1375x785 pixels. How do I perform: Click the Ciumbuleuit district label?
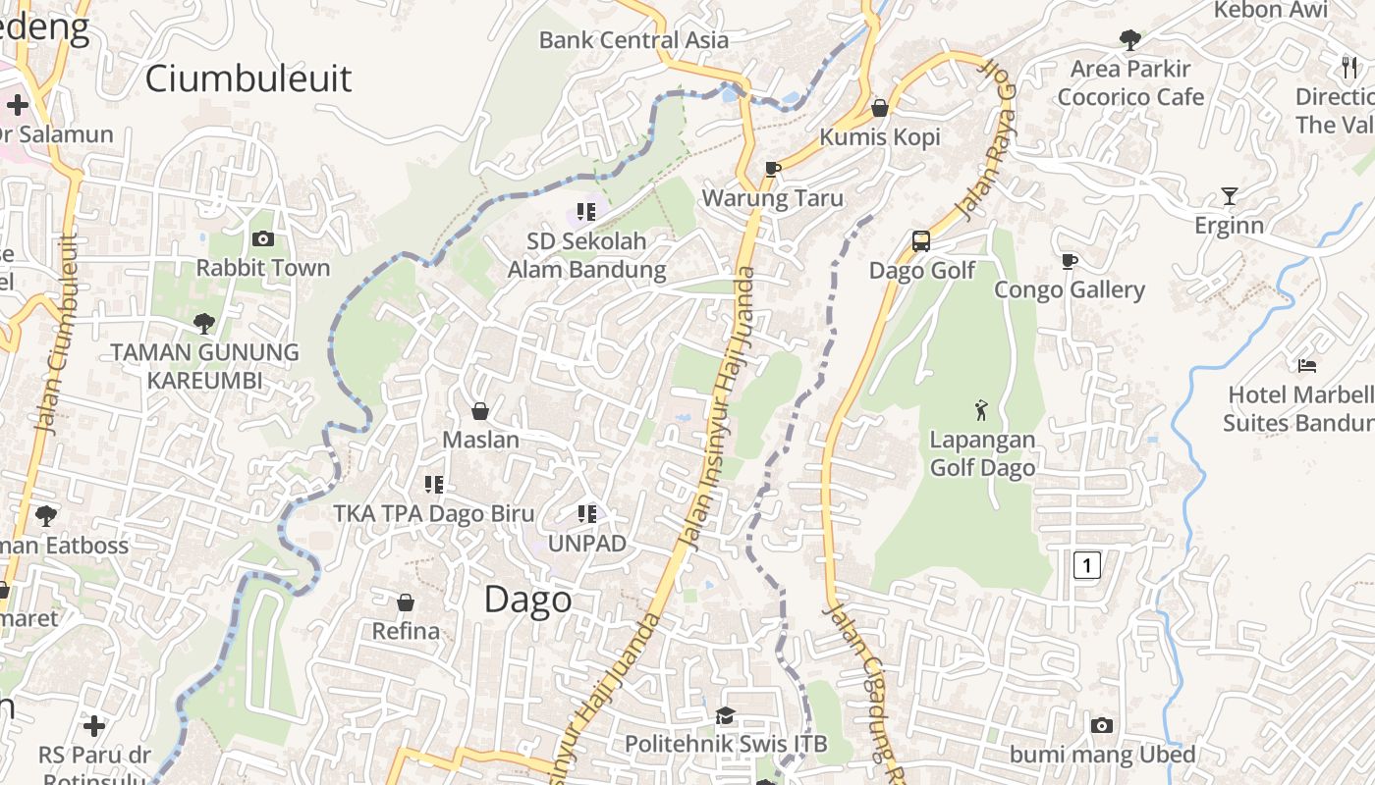(x=248, y=78)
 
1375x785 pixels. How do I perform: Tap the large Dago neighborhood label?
(x=527, y=599)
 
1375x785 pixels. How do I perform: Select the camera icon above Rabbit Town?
(x=262, y=238)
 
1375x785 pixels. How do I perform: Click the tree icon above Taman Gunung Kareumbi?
(x=204, y=323)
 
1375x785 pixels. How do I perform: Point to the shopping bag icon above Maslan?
(x=480, y=410)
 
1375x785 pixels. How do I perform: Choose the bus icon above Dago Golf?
(x=921, y=241)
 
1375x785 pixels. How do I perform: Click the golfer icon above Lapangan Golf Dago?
(x=981, y=409)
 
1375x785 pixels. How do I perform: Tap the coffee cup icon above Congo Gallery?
(x=1069, y=261)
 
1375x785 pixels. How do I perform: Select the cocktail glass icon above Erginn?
(x=1229, y=196)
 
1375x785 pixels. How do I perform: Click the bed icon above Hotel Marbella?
(x=1306, y=365)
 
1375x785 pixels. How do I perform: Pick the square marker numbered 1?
(x=1086, y=565)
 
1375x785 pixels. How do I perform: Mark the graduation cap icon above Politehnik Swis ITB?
(x=725, y=715)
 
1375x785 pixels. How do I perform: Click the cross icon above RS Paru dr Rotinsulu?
(x=94, y=726)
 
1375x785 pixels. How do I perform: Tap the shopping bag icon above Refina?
(x=406, y=602)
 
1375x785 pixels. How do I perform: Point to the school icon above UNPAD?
(x=587, y=513)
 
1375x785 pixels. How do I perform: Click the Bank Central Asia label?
(x=633, y=40)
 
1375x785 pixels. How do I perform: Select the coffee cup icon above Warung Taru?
(x=773, y=169)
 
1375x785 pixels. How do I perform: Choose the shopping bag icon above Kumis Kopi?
(x=880, y=108)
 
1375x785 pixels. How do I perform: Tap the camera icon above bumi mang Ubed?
(x=1102, y=725)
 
